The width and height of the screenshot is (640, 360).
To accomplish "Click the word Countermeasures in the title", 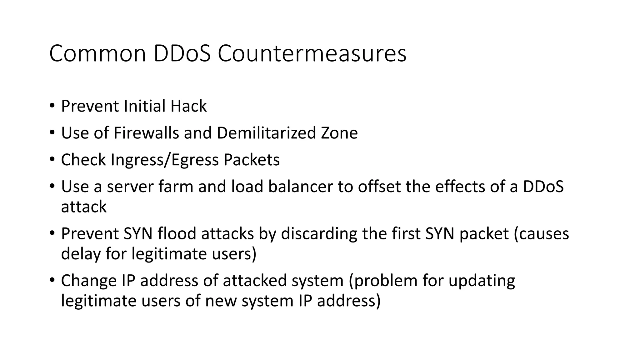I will [312, 54].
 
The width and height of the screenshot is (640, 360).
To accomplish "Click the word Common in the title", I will [97, 54].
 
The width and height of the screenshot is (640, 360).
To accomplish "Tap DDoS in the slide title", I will [182, 54].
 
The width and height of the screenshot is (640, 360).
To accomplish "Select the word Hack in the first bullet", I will [188, 106].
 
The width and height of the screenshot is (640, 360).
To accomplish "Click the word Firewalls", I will [146, 133].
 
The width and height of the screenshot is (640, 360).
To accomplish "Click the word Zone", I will [339, 133].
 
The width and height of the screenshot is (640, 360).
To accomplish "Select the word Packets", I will [251, 160].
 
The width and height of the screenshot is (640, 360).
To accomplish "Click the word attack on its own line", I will [84, 207].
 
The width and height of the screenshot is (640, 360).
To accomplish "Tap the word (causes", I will [541, 234].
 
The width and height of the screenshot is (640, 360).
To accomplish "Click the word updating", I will [482, 281].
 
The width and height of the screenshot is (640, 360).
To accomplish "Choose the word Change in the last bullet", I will [89, 281].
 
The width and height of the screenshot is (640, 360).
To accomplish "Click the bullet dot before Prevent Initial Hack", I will [52, 106].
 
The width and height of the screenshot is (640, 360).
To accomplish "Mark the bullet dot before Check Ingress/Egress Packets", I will [52, 159].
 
